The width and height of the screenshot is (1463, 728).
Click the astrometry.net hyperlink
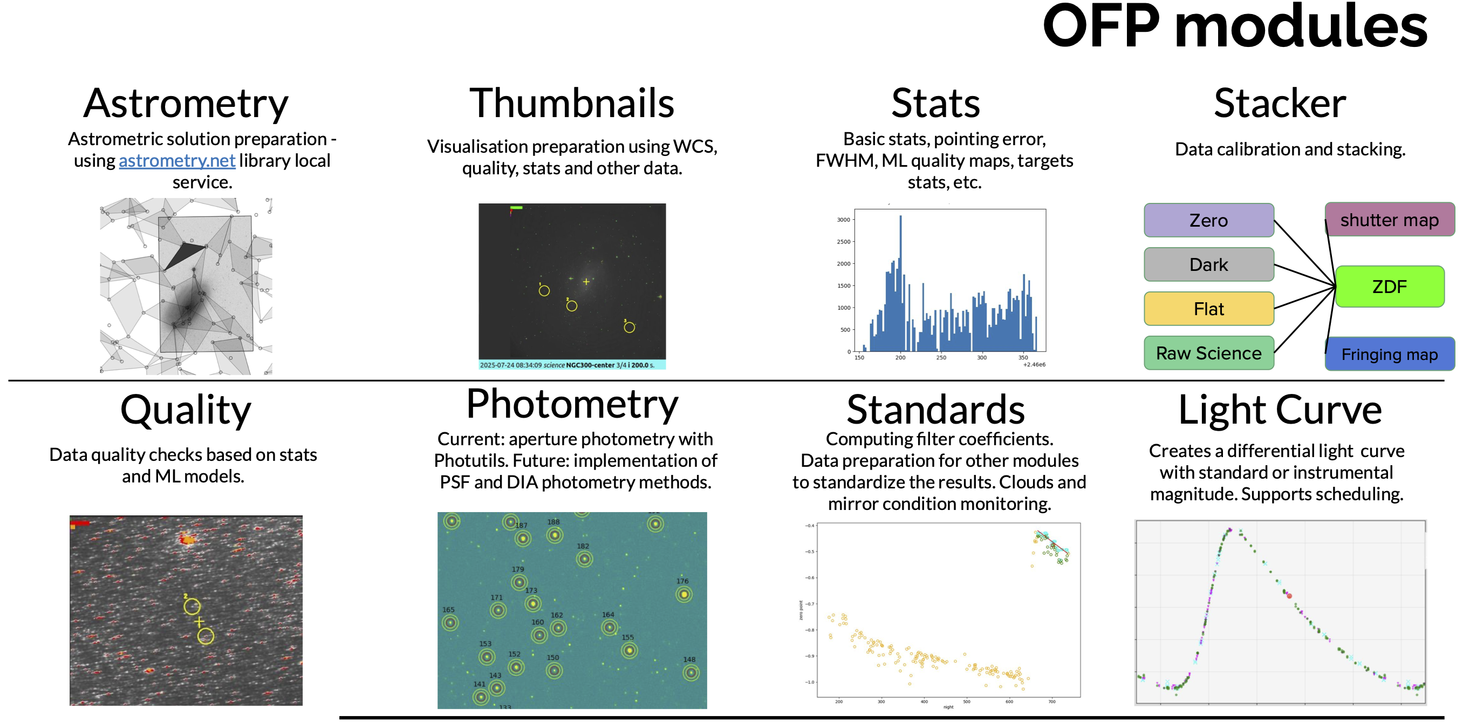[x=176, y=161]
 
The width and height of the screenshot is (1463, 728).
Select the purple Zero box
[x=1208, y=221]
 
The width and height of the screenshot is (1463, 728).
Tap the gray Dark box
[x=1208, y=265]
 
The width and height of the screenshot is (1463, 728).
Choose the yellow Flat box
[x=1208, y=309]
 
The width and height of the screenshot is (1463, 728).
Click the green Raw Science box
[x=1208, y=353]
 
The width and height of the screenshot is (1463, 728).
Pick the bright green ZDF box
[x=1389, y=287]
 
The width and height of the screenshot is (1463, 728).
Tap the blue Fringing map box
[x=1389, y=355]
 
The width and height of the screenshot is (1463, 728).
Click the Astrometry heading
[x=186, y=104]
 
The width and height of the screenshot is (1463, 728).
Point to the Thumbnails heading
[x=571, y=104]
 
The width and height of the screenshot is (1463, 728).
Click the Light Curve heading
[x=1280, y=410]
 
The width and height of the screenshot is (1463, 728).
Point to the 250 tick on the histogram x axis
[x=941, y=357]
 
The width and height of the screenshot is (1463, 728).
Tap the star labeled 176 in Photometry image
[x=684, y=595]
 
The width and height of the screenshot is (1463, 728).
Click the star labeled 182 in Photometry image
[x=584, y=559]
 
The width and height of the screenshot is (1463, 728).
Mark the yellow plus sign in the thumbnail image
[x=586, y=282]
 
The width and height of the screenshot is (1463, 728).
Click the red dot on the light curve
[x=1289, y=596]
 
